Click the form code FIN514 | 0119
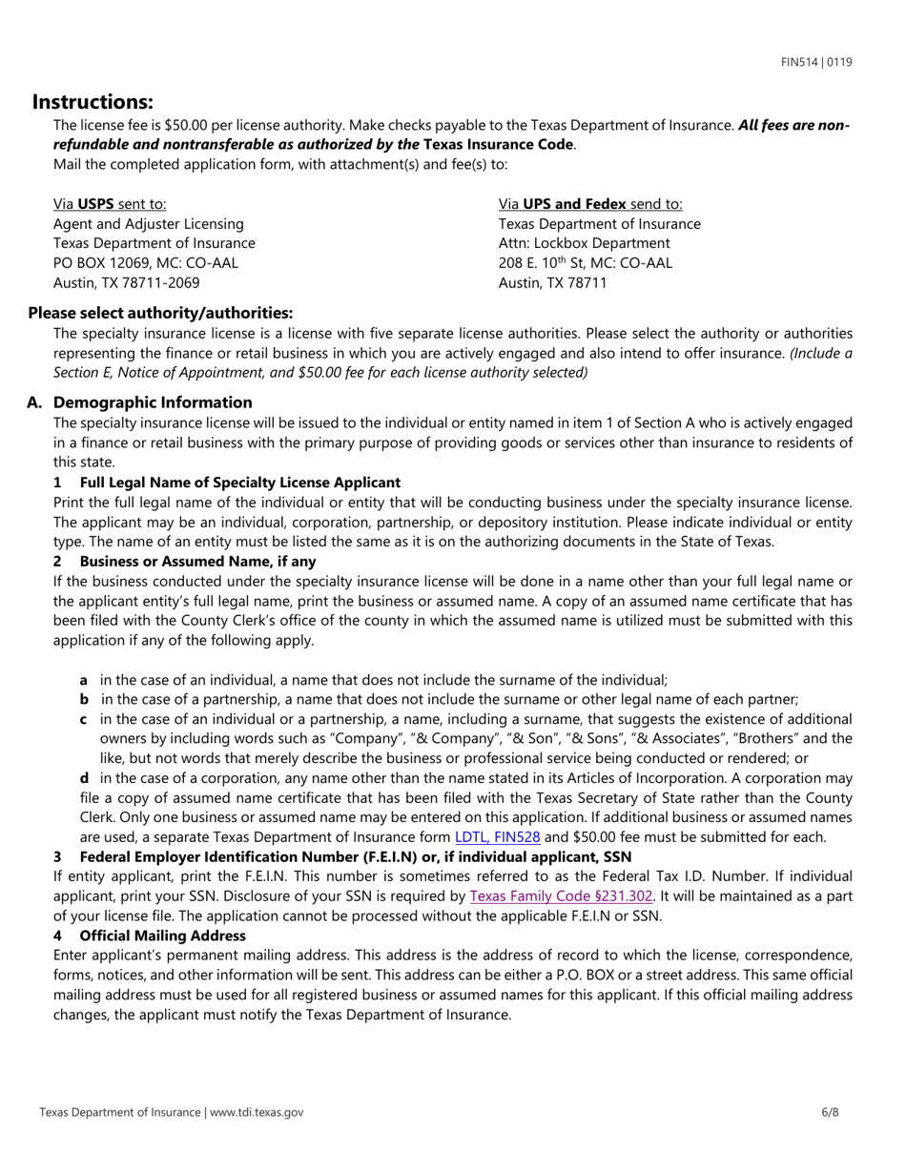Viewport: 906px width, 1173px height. (x=816, y=62)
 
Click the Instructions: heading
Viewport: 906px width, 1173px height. (x=93, y=102)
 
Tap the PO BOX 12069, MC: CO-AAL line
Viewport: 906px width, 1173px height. (x=146, y=263)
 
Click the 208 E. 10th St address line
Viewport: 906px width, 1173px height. (x=585, y=263)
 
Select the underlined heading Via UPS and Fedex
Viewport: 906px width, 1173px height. (x=590, y=204)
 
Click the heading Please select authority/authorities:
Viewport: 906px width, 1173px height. (x=160, y=313)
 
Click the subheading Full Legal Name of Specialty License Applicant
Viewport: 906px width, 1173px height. (x=239, y=483)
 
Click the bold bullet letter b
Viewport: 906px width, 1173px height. (x=85, y=699)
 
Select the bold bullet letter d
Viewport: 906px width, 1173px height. (x=85, y=778)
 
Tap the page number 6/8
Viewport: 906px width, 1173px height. (x=830, y=1112)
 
